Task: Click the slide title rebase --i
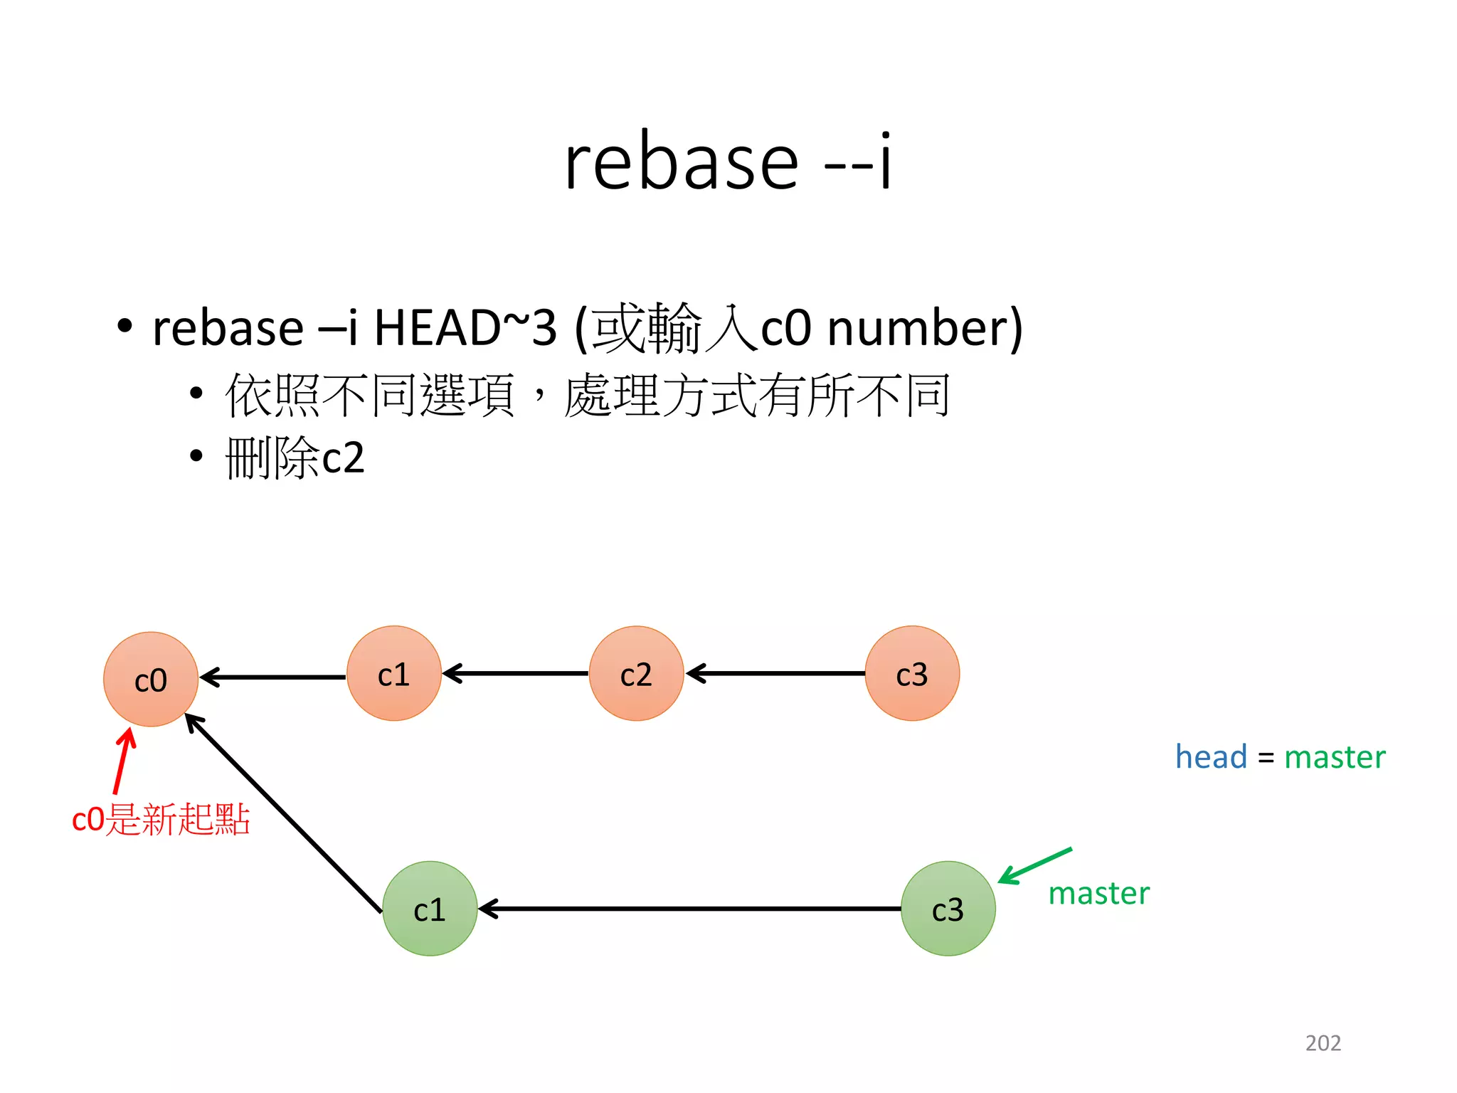click(727, 162)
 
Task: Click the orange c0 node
click(151, 680)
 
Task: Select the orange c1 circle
click(393, 673)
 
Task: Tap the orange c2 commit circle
click(636, 673)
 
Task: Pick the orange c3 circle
click(912, 673)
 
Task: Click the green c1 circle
click(430, 909)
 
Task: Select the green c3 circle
click(948, 909)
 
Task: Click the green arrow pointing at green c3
click(1035, 865)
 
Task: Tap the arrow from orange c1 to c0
click(274, 677)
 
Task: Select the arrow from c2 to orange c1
click(516, 672)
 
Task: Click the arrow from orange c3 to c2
click(775, 672)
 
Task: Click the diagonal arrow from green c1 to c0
click(283, 813)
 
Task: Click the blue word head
click(1211, 756)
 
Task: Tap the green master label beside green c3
click(1098, 894)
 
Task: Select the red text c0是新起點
click(161, 819)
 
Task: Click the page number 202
click(1323, 1042)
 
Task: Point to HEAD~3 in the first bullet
click(465, 328)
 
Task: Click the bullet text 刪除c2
click(295, 458)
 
